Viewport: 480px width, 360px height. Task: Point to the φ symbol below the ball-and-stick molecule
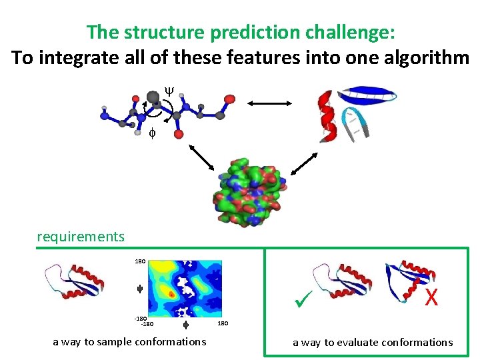[152, 133]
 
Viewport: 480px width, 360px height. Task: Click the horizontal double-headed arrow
[270, 103]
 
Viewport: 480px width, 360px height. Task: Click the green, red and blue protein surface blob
[247, 190]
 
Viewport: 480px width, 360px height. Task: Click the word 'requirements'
[81, 237]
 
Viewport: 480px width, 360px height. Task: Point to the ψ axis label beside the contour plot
[140, 289]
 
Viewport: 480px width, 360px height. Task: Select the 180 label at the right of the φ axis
[225, 324]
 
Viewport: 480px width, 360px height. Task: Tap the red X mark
[431, 297]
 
